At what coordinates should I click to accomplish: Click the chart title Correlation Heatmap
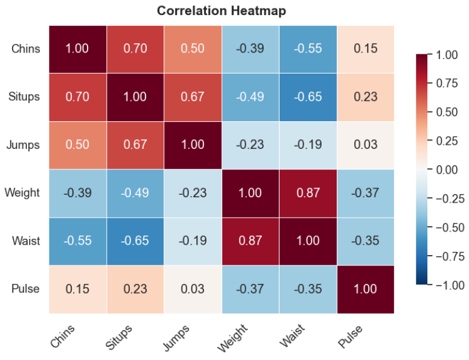222,11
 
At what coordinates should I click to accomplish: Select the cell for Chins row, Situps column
135,49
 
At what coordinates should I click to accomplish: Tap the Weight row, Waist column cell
308,194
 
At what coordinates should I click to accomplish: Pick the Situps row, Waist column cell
308,98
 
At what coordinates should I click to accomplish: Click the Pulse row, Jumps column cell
193,289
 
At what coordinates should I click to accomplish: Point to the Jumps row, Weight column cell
250,145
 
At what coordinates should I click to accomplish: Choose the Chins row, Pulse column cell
366,49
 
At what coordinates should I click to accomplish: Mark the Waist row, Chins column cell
78,241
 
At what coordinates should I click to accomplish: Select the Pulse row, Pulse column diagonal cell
366,289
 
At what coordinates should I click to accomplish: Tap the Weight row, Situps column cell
135,194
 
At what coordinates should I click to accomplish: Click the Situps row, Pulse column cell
366,98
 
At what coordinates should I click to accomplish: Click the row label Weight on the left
22,193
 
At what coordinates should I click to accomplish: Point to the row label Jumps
23,145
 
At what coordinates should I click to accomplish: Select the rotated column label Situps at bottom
118,337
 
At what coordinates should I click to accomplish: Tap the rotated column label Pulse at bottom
350,336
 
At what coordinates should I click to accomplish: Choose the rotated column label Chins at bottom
62,336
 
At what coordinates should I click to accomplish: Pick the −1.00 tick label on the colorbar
450,285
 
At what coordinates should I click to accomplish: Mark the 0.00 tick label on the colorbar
447,169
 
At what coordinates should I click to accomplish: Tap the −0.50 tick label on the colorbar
450,228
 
